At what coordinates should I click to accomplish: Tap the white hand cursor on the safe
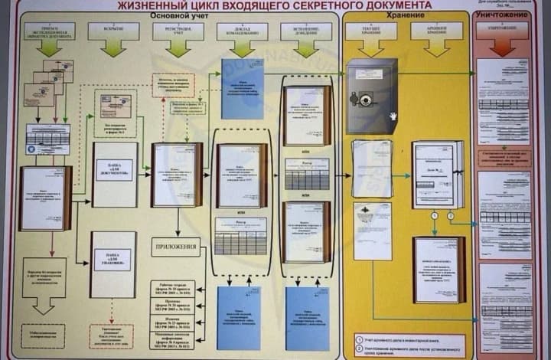393,116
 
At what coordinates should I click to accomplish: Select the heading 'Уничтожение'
504,15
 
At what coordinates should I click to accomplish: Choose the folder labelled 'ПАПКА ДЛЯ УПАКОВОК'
114,264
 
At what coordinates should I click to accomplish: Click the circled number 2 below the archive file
450,217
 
